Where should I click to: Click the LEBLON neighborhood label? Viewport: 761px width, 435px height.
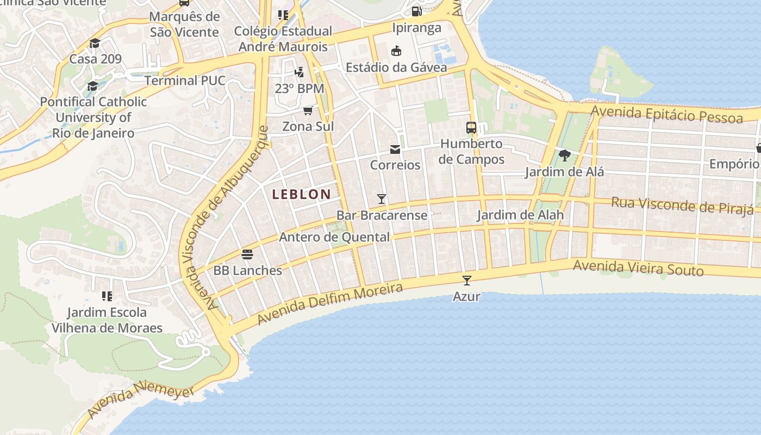pos(302,194)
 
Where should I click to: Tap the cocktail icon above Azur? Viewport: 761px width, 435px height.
pos(466,281)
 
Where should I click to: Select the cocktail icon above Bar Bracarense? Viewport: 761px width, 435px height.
pos(382,199)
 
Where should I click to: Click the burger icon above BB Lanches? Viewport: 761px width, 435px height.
pos(247,254)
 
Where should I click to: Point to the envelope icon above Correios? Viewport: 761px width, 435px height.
pos(395,150)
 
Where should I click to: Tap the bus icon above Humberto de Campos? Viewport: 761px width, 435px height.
pos(471,128)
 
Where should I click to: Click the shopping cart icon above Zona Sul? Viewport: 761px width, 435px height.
pos(308,111)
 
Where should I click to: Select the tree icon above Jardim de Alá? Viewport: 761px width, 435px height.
pos(564,156)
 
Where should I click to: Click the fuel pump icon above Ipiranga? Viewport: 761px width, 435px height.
pos(416,11)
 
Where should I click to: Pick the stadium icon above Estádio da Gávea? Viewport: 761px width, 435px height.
pos(396,51)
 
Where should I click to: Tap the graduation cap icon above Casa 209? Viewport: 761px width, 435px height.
pos(95,43)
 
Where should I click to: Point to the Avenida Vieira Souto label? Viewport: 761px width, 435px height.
pos(638,268)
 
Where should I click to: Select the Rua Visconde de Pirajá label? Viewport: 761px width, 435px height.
pos(682,205)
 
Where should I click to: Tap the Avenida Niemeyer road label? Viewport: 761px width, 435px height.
pos(140,402)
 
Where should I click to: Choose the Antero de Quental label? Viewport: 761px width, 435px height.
pos(334,237)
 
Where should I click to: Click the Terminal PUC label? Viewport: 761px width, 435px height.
pos(185,81)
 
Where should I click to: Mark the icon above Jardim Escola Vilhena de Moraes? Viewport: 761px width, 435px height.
pos(107,296)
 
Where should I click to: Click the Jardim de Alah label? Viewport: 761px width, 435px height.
pos(520,215)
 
